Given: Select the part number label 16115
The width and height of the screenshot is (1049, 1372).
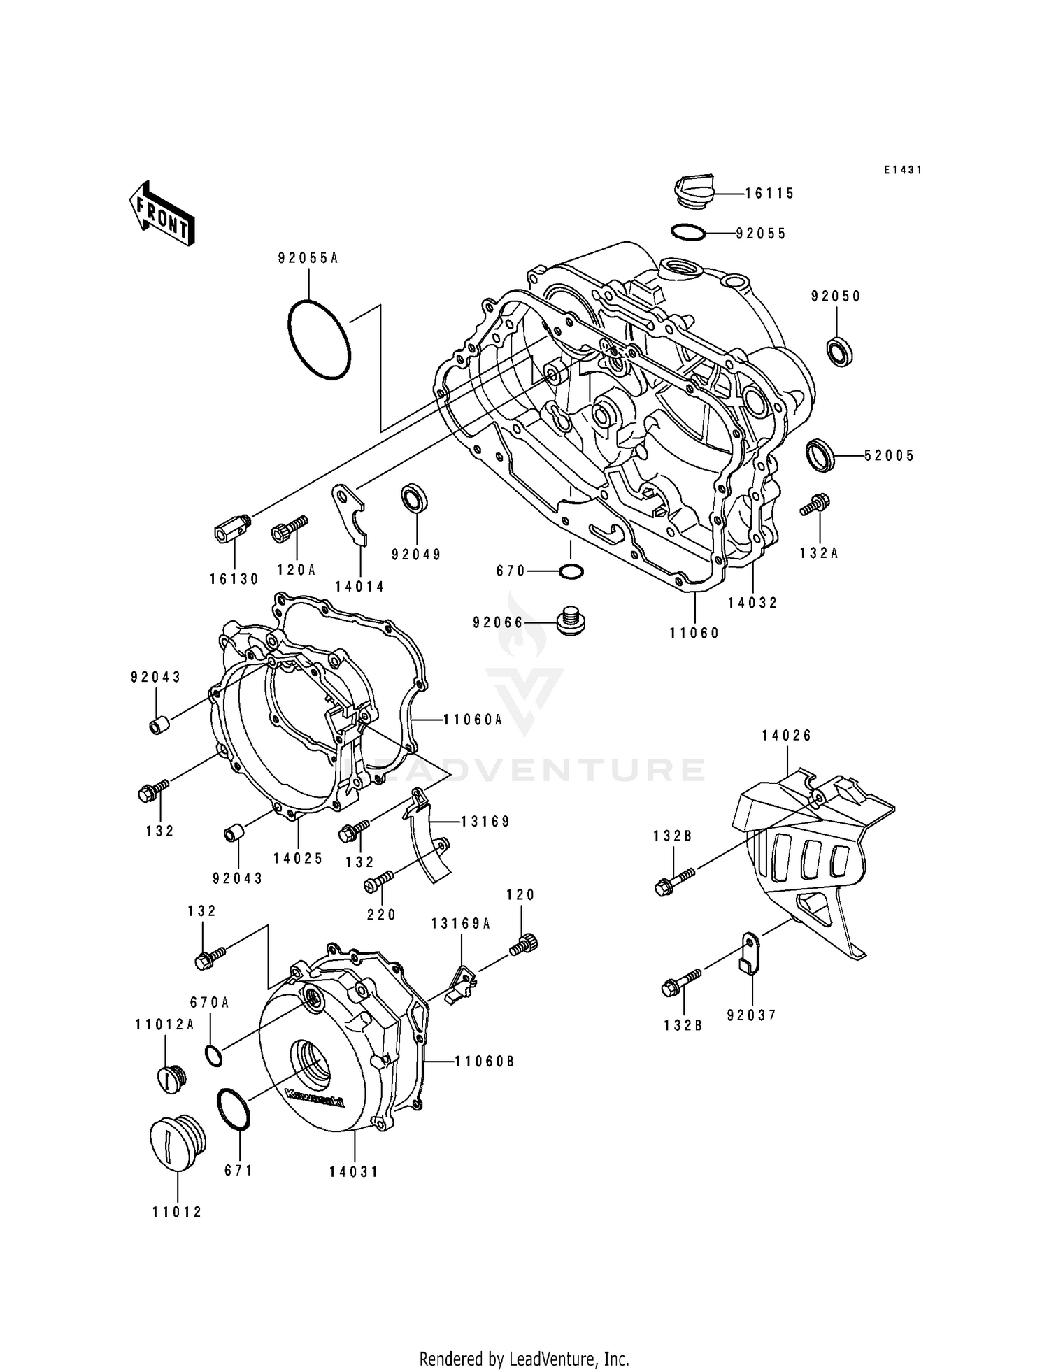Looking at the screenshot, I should click(x=769, y=194).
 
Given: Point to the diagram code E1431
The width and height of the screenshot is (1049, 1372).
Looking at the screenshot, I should click(x=903, y=170).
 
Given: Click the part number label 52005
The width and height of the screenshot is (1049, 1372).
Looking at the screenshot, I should click(x=889, y=456).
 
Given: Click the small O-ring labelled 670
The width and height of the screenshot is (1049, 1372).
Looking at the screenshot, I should click(x=571, y=571).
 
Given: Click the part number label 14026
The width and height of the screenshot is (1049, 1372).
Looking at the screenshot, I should click(x=787, y=735).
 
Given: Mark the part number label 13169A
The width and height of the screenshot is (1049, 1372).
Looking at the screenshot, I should click(x=461, y=924).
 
